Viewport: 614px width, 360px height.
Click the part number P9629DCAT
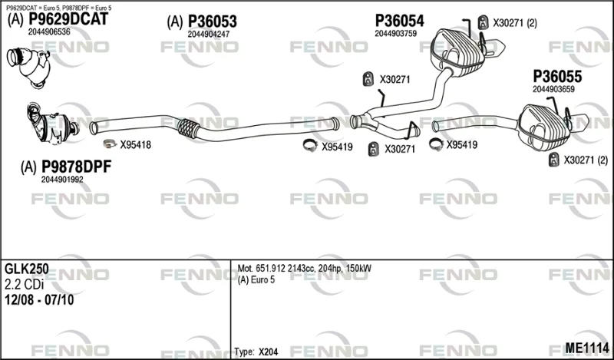pyautogui.click(x=68, y=19)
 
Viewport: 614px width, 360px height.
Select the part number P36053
pyautogui.click(x=213, y=21)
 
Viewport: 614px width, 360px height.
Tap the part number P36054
pyautogui.click(x=399, y=21)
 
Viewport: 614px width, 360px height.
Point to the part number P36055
pyautogui.click(x=557, y=77)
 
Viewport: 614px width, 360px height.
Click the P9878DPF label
pyautogui.click(x=76, y=167)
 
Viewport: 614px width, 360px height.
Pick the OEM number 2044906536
pyautogui.click(x=49, y=31)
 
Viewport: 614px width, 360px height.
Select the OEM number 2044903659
pyautogui.click(x=553, y=89)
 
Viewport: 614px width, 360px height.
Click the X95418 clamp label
pyautogui.click(x=136, y=145)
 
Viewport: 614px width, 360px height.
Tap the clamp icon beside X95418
pyautogui.click(x=110, y=144)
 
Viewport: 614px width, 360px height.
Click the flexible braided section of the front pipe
pyautogui.click(x=188, y=128)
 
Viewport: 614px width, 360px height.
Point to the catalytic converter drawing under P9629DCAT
pyautogui.click(x=29, y=67)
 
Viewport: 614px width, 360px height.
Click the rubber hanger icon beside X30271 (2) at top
pyautogui.click(x=484, y=22)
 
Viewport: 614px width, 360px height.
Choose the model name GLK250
pyautogui.click(x=27, y=269)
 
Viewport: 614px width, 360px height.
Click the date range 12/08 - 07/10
pyautogui.click(x=39, y=300)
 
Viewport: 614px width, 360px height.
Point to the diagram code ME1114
pyautogui.click(x=587, y=347)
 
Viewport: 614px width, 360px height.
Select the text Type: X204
pyautogui.click(x=256, y=352)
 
